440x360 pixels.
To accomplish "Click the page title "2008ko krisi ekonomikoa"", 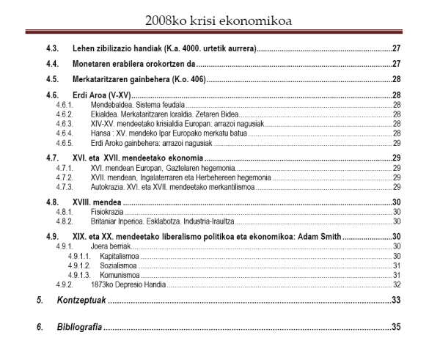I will pyautogui.click(x=219, y=19).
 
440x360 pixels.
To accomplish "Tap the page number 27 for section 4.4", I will pyautogui.click(x=395, y=64).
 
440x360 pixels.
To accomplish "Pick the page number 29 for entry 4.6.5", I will pyautogui.click(x=396, y=142).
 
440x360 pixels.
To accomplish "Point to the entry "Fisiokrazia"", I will pyautogui.click(x=107, y=212).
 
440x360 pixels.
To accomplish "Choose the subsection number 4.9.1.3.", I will pyautogui.click(x=78, y=274).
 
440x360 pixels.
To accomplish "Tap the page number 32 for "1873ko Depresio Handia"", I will pyautogui.click(x=396, y=284).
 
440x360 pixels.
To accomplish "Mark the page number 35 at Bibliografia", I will pyautogui.click(x=395, y=327).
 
